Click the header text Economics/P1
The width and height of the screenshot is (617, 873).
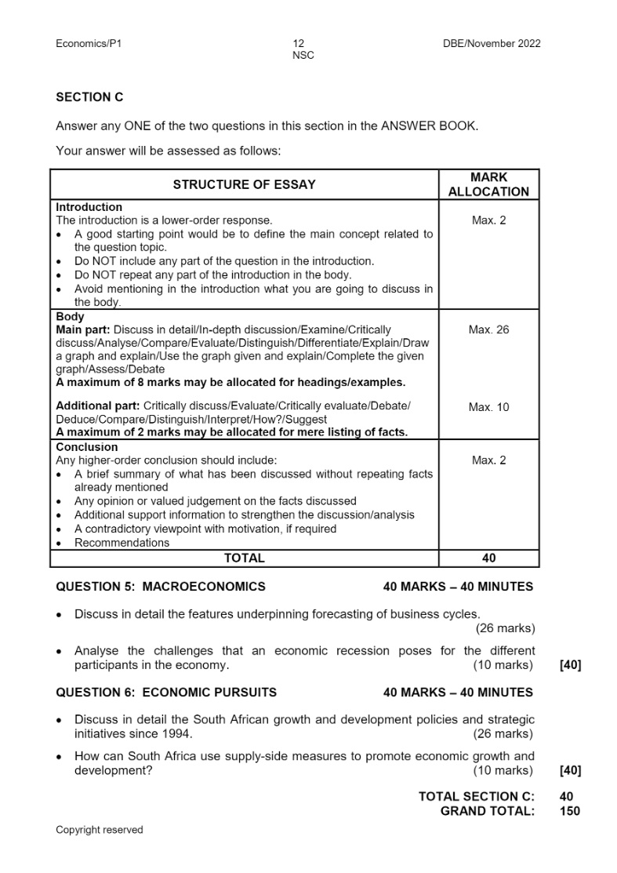click(x=89, y=44)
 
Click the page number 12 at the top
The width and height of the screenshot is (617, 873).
click(x=298, y=44)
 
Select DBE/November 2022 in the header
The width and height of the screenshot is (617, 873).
click(x=491, y=44)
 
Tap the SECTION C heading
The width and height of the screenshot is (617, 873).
click(x=89, y=97)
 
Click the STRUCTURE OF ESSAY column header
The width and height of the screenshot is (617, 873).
click(x=244, y=185)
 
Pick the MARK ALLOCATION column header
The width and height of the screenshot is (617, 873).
click(x=488, y=185)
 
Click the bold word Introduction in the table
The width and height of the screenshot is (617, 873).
click(x=89, y=207)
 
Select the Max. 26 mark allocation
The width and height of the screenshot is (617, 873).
click(x=488, y=329)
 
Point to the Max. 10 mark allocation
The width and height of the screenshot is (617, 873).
click(x=488, y=407)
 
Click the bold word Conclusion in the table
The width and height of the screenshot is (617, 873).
click(x=87, y=447)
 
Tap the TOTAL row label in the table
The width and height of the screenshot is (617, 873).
click(x=244, y=558)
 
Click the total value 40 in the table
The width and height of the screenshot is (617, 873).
click(x=488, y=558)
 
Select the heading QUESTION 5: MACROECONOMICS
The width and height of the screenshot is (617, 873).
click(x=161, y=586)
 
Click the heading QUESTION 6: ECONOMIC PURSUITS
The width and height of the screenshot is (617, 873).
click(x=166, y=692)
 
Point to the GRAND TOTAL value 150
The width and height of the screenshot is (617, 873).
click(x=570, y=811)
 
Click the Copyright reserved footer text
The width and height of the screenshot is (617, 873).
click(x=100, y=830)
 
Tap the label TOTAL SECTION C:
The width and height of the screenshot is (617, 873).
click(x=477, y=796)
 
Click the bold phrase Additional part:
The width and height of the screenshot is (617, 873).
click(x=98, y=406)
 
